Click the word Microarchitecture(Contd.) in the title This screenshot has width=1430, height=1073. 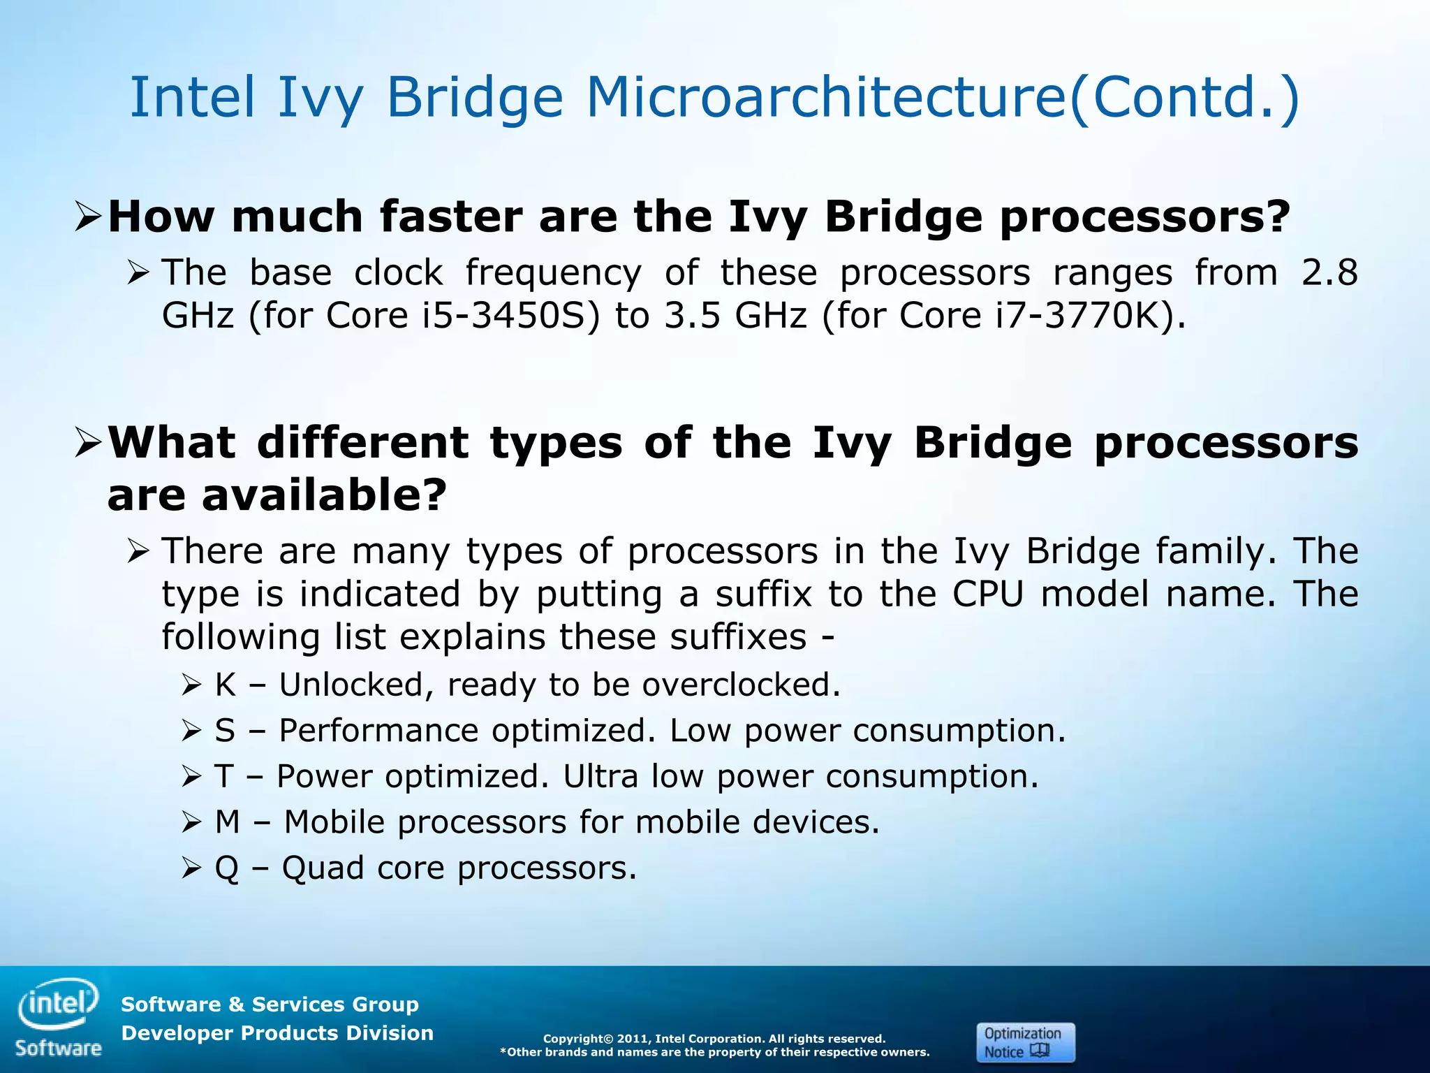[943, 97]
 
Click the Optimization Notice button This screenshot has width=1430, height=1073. [1024, 1042]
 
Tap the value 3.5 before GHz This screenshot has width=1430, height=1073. [691, 316]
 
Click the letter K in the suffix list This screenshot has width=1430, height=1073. [225, 685]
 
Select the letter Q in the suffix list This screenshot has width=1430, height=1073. [226, 868]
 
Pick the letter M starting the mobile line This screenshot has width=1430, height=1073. [228, 822]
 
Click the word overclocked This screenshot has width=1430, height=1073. [741, 685]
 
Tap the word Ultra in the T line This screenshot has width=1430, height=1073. [600, 776]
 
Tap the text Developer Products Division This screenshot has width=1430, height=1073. [277, 1033]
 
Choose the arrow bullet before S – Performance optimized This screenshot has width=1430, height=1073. [191, 731]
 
